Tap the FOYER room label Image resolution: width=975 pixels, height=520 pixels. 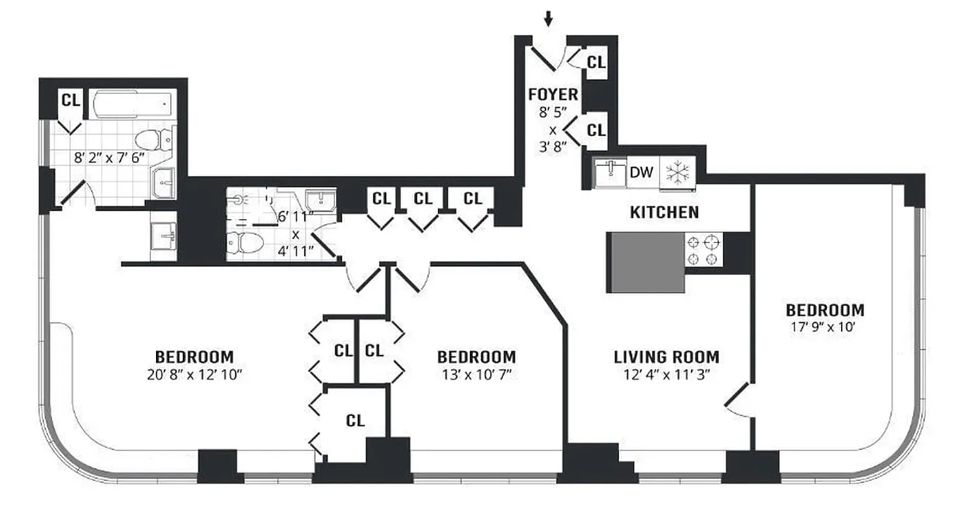click(x=552, y=95)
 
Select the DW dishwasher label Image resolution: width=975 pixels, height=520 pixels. click(x=641, y=173)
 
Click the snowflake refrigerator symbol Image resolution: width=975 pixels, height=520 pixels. click(x=677, y=174)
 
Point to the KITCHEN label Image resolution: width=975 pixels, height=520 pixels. click(x=664, y=212)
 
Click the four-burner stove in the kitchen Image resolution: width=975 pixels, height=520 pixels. click(x=705, y=250)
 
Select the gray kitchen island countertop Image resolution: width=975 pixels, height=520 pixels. click(x=646, y=261)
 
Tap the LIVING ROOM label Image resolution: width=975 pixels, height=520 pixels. click(x=666, y=357)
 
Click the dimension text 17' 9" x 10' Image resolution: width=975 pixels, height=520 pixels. click(x=825, y=328)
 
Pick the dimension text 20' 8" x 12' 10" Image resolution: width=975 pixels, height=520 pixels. click(x=194, y=374)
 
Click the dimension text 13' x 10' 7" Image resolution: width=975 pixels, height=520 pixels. click(x=476, y=374)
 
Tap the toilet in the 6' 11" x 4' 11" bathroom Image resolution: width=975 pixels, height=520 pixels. click(x=245, y=243)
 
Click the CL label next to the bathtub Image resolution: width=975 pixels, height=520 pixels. click(x=70, y=100)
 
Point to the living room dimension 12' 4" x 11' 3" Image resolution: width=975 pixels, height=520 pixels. click(x=666, y=374)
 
